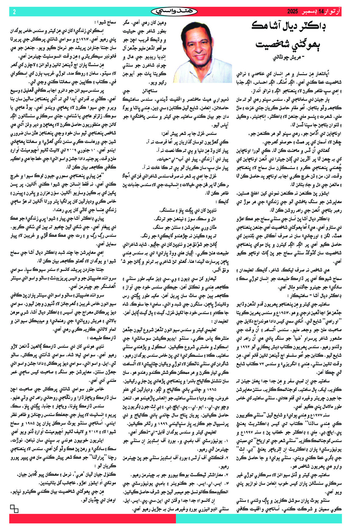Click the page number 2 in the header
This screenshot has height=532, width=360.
[x=14, y=12]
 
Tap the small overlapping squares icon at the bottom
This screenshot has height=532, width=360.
[x=14, y=509]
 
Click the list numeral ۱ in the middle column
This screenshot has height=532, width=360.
[x=227, y=441]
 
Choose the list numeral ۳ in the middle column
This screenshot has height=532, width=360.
[x=227, y=475]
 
